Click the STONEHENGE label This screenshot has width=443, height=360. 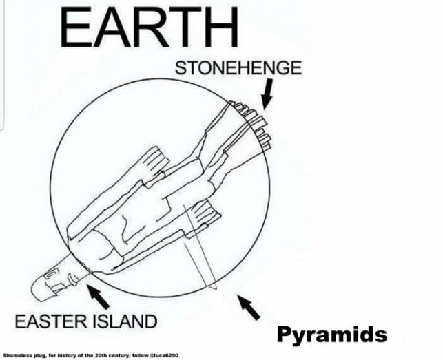[238, 68]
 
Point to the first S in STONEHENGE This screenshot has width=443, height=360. [181, 68]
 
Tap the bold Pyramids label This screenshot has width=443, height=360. [331, 335]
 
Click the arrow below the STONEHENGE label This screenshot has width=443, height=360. [265, 95]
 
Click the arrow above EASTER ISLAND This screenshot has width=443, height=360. [99, 297]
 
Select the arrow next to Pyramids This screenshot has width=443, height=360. [249, 307]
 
